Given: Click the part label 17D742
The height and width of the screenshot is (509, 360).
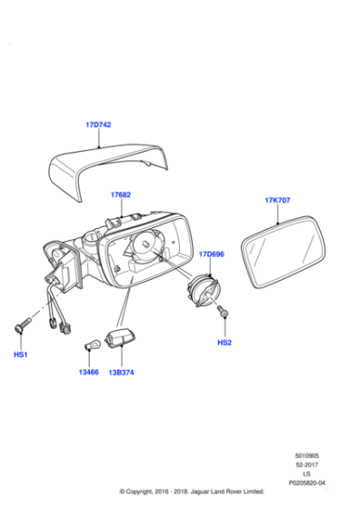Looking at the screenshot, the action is point(98,125).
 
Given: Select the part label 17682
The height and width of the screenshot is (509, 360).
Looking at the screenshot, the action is point(120,195).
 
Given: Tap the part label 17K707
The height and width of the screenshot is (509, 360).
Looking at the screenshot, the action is point(277,200).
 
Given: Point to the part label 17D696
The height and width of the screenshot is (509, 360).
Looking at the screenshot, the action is point(211,254).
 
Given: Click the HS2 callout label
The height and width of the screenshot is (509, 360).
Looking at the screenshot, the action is point(225,343).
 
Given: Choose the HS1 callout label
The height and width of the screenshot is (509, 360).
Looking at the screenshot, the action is point(20,354).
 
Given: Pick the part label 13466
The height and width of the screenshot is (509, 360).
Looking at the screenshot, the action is point(88,372).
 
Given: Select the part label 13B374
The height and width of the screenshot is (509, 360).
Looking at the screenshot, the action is point(121,373).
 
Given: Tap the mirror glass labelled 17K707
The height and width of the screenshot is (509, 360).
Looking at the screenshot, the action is point(284,252).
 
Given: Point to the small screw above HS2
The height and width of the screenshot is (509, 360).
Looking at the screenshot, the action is point(223,311).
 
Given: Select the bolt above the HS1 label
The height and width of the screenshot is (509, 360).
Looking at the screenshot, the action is point(23,325).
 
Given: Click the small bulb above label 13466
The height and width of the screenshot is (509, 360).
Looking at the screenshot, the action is point(90,345).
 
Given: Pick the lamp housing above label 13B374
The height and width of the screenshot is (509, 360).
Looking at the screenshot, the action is point(119,338).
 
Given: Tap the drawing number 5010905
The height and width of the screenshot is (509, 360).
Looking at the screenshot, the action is point(306,455).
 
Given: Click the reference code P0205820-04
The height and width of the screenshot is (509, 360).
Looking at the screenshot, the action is point(306,483).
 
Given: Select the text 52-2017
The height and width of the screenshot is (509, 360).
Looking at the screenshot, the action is point(306,464).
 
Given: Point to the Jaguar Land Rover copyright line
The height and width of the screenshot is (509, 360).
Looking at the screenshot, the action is point(192,492).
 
